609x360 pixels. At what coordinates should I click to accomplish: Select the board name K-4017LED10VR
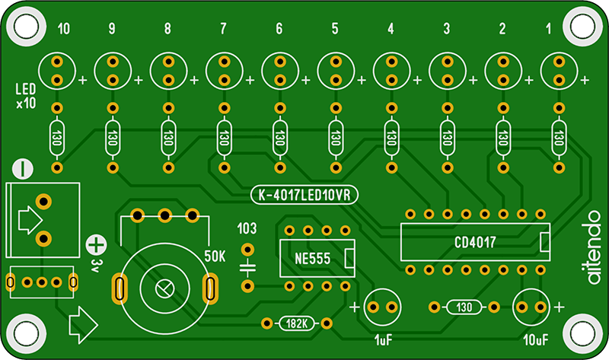(x=304, y=196)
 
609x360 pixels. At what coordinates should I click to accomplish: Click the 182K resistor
(x=296, y=323)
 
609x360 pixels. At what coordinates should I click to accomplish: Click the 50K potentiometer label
(x=214, y=256)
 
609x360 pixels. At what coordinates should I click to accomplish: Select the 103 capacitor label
(x=247, y=228)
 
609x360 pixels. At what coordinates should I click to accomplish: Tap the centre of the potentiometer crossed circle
(x=164, y=288)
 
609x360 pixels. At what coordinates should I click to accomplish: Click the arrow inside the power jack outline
(x=28, y=220)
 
